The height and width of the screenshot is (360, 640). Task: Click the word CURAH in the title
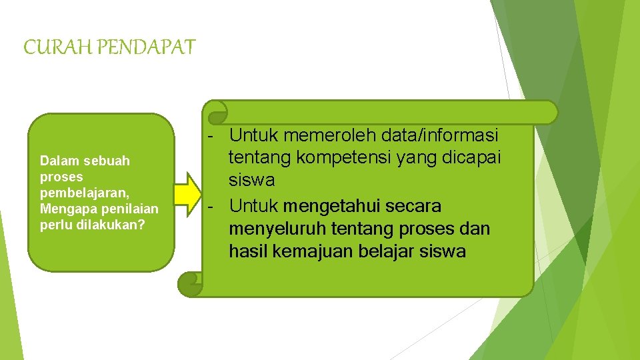(49, 47)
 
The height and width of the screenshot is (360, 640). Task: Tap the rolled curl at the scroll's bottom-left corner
(190, 283)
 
